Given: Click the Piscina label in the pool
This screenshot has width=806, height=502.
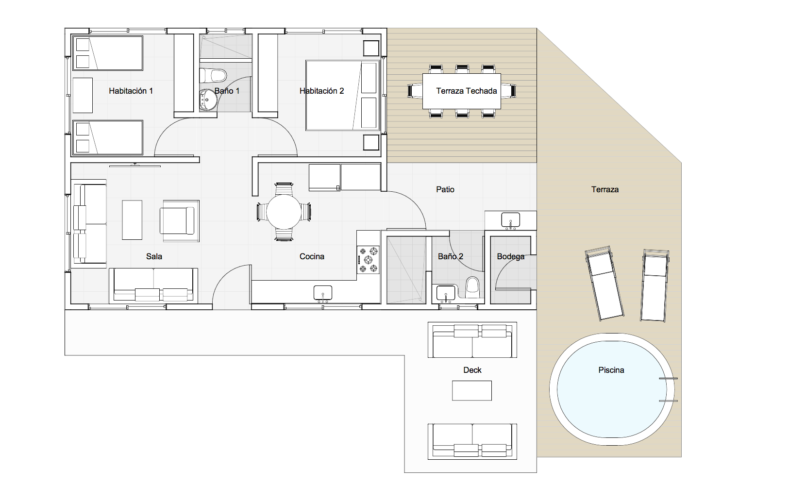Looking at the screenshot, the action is (x=611, y=370).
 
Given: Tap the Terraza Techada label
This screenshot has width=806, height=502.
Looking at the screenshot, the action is (x=466, y=91).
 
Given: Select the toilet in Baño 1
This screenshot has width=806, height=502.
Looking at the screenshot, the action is (x=213, y=76).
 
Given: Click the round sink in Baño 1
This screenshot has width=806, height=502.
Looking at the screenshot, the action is (x=208, y=100).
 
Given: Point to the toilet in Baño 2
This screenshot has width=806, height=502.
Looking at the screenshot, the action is (x=472, y=287).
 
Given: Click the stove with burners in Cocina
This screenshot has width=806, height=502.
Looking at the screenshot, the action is (x=368, y=260).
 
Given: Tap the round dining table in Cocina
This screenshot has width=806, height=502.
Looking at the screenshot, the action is (x=284, y=212).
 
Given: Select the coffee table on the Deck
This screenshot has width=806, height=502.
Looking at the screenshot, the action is (x=472, y=390).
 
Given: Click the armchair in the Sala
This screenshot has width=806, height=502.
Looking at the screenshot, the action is (x=179, y=220).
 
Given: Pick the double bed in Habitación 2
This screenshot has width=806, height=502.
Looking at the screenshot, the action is (x=343, y=95).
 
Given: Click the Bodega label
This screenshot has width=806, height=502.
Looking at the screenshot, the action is (x=511, y=256).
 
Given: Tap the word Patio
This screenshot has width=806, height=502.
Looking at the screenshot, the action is (x=445, y=189).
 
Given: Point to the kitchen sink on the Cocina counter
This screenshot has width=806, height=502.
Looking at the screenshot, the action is (x=323, y=293).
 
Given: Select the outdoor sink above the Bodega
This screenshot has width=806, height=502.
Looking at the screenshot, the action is (x=511, y=220).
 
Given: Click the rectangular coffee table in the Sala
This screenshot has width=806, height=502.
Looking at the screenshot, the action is (x=132, y=220).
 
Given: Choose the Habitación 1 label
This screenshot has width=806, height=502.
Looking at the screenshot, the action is (x=131, y=91).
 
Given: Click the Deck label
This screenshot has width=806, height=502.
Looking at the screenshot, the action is (x=472, y=370).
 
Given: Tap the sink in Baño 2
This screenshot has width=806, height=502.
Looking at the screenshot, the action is (x=446, y=293).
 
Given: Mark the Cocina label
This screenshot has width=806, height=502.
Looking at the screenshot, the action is (x=312, y=256).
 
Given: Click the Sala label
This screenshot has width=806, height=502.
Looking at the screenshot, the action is (x=154, y=256).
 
